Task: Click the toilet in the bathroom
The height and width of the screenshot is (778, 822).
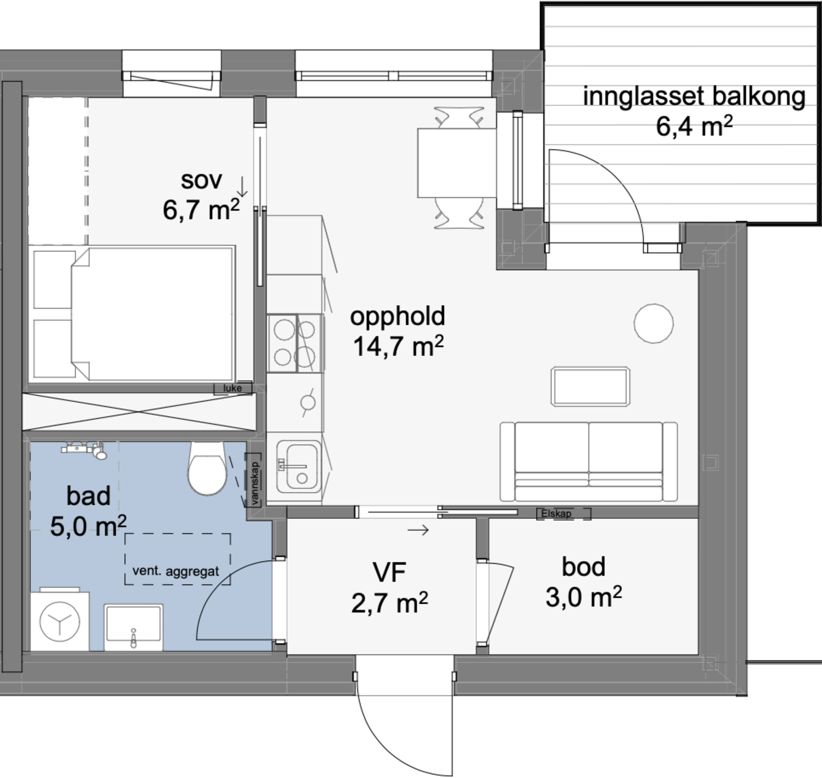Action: (207, 468)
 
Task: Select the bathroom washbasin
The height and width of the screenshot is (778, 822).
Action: (134, 627)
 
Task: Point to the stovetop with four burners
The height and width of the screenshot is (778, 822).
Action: (295, 343)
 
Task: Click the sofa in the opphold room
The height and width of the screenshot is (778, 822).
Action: (589, 461)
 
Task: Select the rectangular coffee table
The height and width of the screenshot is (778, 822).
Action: (590, 386)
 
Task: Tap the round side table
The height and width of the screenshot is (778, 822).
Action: (653, 323)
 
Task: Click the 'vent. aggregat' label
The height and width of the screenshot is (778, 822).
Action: (176, 571)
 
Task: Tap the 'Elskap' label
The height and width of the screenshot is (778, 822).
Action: (556, 513)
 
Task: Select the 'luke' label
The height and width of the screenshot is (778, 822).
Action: (232, 388)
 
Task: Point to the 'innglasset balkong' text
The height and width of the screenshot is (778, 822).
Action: (694, 97)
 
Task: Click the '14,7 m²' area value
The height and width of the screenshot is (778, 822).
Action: (398, 346)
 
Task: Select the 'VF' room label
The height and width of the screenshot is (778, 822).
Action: (389, 572)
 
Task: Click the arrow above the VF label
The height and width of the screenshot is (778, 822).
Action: (418, 530)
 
